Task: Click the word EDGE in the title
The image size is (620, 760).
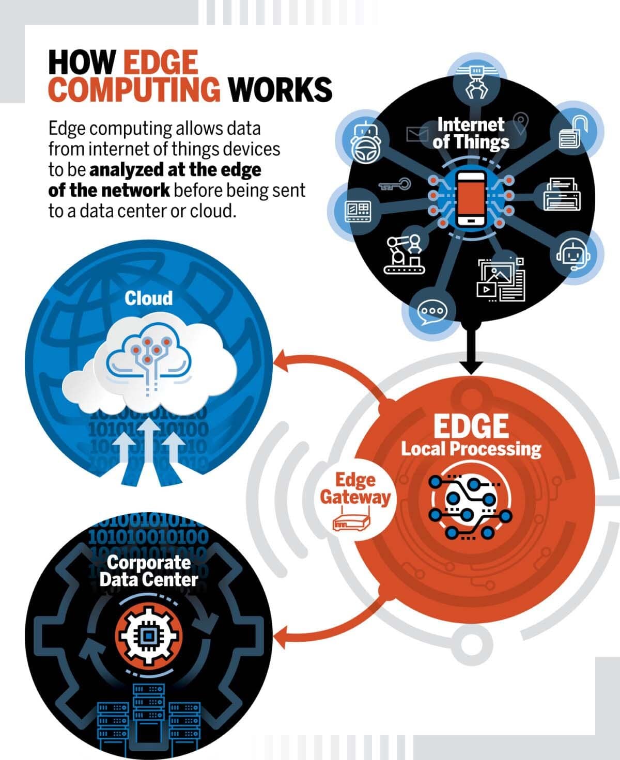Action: click(161, 62)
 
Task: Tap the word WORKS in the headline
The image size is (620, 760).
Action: click(280, 89)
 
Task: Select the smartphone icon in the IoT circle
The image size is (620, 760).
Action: click(471, 199)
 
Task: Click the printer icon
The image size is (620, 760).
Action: click(562, 194)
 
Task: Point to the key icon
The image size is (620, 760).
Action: click(395, 185)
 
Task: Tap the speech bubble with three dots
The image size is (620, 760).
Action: click(432, 312)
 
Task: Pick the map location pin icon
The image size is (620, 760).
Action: click(521, 123)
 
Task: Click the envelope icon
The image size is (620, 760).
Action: click(417, 134)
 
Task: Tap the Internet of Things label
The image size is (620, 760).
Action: click(471, 133)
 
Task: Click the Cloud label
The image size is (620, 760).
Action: click(149, 298)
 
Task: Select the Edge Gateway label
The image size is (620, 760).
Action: click(355, 489)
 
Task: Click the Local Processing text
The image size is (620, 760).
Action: click(471, 449)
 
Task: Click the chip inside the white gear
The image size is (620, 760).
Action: click(148, 637)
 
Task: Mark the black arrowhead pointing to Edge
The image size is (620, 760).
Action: click(471, 367)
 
